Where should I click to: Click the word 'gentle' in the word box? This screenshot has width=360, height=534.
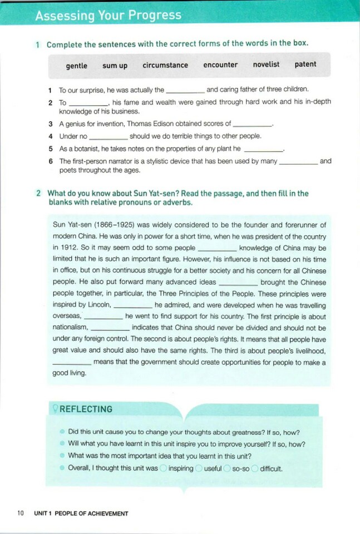point(76,66)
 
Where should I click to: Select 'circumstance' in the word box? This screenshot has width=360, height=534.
point(165,65)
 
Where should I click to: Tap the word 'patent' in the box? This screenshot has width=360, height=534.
point(305,65)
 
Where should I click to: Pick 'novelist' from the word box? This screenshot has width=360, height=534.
point(267,65)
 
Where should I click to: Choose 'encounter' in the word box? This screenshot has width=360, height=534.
point(221,65)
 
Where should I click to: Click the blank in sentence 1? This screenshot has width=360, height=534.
point(186,90)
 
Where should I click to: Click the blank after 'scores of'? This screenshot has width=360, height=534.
point(252,125)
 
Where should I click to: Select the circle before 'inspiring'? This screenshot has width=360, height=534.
point(163,468)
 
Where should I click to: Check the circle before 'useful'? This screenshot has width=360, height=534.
point(199,468)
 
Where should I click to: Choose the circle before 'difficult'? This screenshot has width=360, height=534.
point(255,468)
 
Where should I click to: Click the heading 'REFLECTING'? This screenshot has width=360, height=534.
point(85,409)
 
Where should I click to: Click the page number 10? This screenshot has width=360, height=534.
point(20,513)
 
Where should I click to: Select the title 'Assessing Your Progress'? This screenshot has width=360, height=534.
point(108,16)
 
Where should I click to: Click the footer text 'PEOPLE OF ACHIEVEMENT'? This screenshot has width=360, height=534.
point(91,514)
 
